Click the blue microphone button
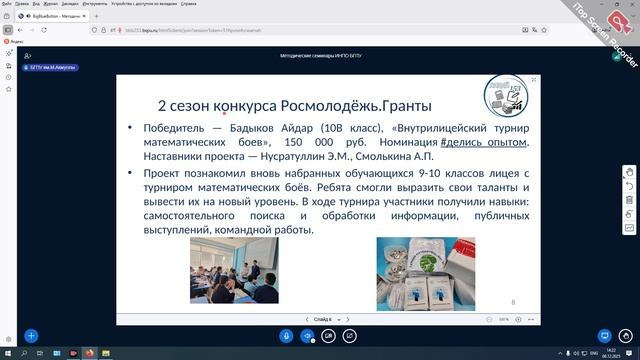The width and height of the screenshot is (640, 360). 306,336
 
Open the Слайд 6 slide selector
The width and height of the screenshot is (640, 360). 322,319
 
